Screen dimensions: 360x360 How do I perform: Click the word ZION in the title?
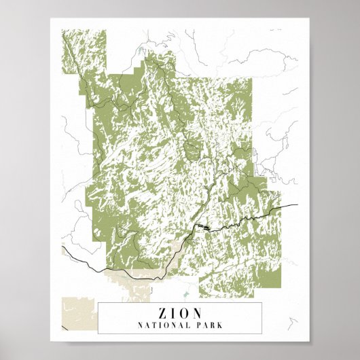coord(180,313)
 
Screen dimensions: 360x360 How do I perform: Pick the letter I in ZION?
coord(174,313)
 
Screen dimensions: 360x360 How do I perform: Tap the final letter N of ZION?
coord(198,313)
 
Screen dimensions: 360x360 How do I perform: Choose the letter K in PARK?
coord(220,325)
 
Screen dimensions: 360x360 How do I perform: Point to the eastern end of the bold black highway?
coord(298,204)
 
